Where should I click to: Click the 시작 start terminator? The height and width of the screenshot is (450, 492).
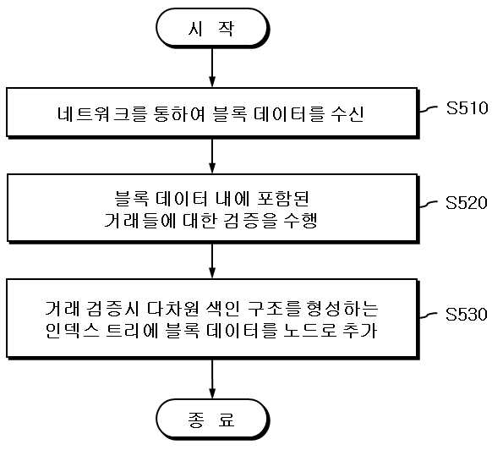pyautogui.click(x=212, y=28)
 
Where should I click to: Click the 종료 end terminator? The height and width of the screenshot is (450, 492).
pyautogui.click(x=212, y=419)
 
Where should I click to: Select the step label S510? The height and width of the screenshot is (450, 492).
pyautogui.click(x=467, y=108)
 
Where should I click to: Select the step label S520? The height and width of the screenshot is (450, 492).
pyautogui.click(x=467, y=202)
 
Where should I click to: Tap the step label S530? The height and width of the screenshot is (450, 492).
pyautogui.click(x=467, y=314)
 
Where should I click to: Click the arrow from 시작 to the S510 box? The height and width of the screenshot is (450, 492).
pyautogui.click(x=212, y=68)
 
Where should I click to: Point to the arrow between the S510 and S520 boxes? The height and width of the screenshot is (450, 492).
pyautogui.click(x=212, y=156)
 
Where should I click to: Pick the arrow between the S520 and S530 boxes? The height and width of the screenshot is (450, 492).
pyautogui.click(x=212, y=261)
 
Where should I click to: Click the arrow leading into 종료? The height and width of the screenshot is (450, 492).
pyautogui.click(x=212, y=378)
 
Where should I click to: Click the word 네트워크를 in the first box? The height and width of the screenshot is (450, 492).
pyautogui.click(x=101, y=113)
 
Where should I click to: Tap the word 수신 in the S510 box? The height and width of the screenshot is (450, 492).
pyautogui.click(x=347, y=113)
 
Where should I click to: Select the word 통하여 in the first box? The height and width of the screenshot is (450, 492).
pyautogui.click(x=179, y=113)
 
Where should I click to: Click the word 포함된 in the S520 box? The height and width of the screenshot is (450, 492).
pyautogui.click(x=283, y=199)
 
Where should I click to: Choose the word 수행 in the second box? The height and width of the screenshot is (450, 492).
pyautogui.click(x=300, y=221)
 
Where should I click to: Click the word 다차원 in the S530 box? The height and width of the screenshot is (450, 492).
pyautogui.click(x=172, y=308)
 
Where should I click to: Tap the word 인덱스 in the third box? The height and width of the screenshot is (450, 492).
pyautogui.click(x=73, y=330)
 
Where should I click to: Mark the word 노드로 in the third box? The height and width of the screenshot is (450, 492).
pyautogui.click(x=309, y=330)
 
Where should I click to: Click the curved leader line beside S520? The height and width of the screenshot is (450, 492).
pyautogui.click(x=429, y=204)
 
